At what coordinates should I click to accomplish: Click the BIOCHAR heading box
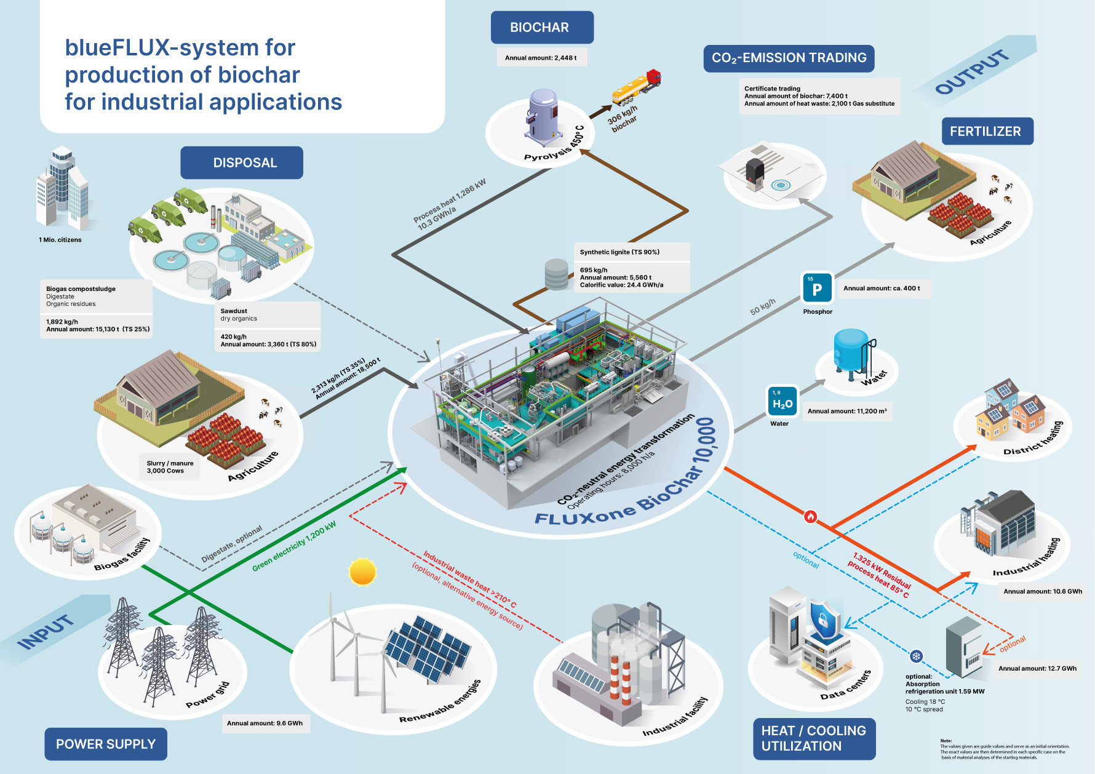point(542,28)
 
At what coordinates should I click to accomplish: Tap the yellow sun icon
point(362,572)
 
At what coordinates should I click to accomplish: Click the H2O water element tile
point(782,402)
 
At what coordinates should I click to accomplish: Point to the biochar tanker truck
point(637,87)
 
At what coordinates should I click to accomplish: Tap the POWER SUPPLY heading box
point(106,744)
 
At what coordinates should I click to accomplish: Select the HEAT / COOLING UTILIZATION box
point(814,738)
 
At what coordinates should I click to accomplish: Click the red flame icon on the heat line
point(811,516)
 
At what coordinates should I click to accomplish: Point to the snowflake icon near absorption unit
point(916,656)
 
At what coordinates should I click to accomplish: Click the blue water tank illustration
point(852,351)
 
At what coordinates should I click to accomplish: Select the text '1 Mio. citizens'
point(60,240)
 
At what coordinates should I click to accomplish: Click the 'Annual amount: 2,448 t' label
point(541,58)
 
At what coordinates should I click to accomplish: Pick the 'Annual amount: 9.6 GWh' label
point(265,723)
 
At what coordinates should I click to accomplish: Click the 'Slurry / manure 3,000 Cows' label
point(170,467)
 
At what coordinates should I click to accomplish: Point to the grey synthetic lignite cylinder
point(557,274)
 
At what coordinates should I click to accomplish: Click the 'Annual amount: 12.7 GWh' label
point(1037,668)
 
